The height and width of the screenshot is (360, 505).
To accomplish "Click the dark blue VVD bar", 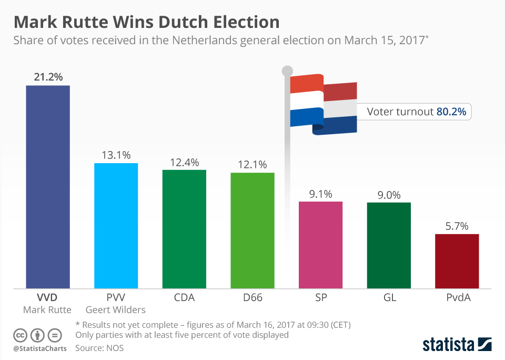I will pyautogui.click(x=48, y=186).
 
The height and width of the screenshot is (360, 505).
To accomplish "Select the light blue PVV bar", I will pyautogui.click(x=116, y=225).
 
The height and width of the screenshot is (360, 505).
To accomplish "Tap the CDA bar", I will pyautogui.click(x=184, y=229).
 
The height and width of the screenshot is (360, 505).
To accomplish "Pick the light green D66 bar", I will pyautogui.click(x=252, y=230).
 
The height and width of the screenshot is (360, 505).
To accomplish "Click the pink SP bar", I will pyautogui.click(x=320, y=245).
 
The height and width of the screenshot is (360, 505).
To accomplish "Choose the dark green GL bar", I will pyautogui.click(x=389, y=245).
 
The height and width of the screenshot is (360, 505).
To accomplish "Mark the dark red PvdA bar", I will pyautogui.click(x=457, y=261).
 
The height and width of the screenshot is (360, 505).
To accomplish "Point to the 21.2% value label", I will pyautogui.click(x=48, y=77).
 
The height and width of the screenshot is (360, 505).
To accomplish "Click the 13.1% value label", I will pyautogui.click(x=116, y=155).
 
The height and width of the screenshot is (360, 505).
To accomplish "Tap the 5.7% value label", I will pyautogui.click(x=457, y=226).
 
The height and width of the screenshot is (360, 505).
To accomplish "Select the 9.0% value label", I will pyautogui.click(x=389, y=195).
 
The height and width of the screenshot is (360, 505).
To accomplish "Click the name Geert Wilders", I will pyautogui.click(x=116, y=309).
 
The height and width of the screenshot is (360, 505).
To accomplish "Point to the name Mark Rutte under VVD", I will pyautogui.click(x=47, y=309).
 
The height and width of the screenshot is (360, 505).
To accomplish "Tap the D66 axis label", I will pyautogui.click(x=252, y=297).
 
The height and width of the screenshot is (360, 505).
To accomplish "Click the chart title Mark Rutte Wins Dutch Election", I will pyautogui.click(x=146, y=22).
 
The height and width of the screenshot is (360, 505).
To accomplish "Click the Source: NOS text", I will pyautogui.click(x=99, y=347).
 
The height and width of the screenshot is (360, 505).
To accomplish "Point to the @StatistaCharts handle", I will pyautogui.click(x=40, y=348).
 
